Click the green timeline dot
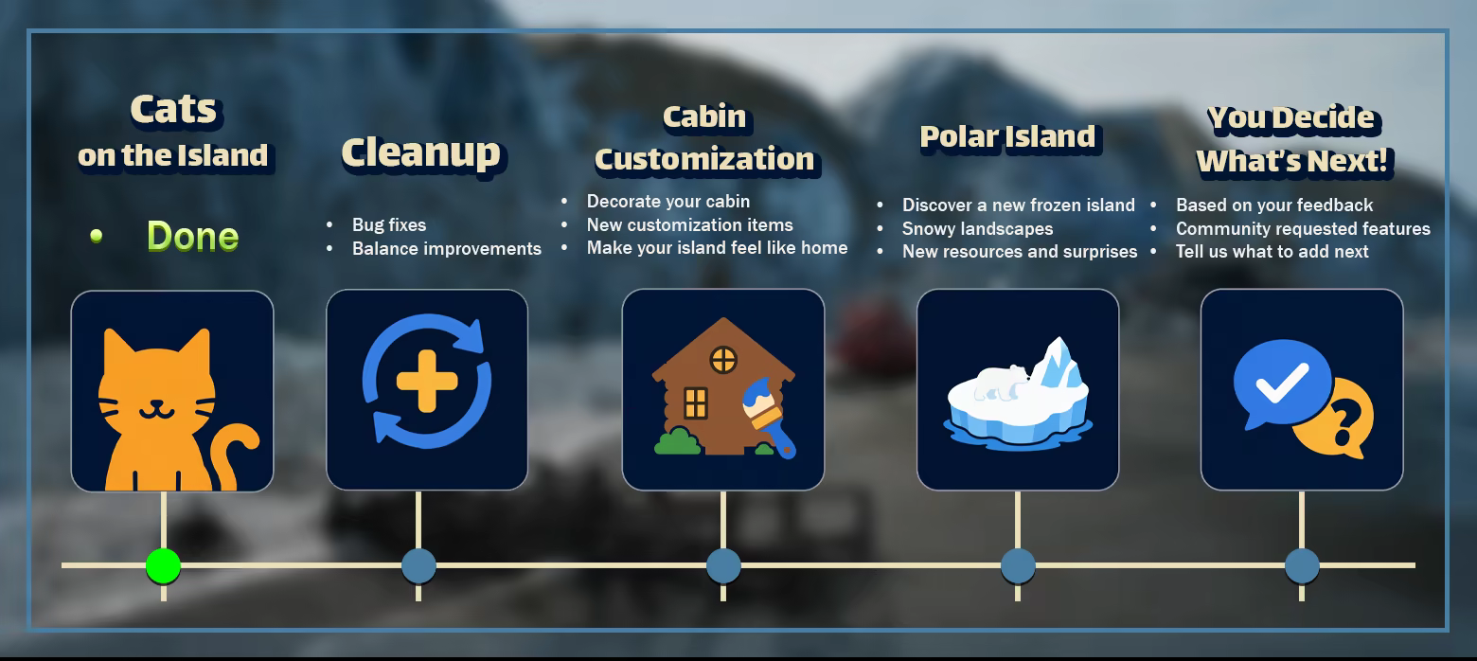click(163, 565)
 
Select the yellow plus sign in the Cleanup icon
click(427, 382)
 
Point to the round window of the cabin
click(723, 360)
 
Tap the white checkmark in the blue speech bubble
click(1282, 383)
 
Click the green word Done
click(192, 236)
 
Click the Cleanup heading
click(421, 153)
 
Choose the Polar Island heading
click(1007, 137)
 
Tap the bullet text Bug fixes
click(389, 225)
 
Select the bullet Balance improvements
click(446, 249)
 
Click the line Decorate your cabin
click(667, 201)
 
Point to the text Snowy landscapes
click(977, 229)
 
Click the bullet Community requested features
click(1303, 229)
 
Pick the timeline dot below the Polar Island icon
click(1018, 565)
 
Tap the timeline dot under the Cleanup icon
click(418, 565)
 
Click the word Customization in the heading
click(704, 160)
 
